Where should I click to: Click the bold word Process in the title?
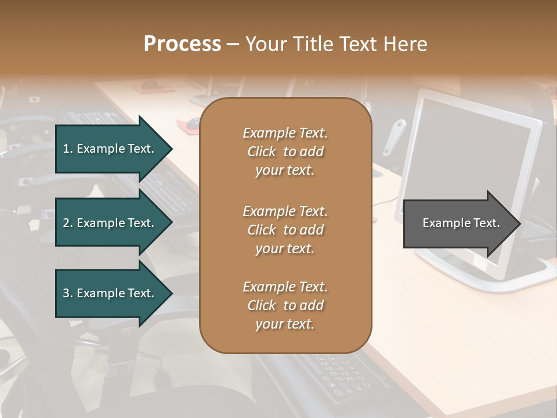tap(182, 44)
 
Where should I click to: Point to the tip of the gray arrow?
tap(519, 224)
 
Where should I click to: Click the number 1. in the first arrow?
tap(68, 149)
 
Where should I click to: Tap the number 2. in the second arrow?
tap(68, 223)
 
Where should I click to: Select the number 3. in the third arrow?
tap(68, 293)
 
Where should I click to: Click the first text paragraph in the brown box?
tap(285, 152)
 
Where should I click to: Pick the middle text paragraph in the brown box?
tap(285, 230)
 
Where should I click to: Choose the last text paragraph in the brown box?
tap(285, 305)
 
